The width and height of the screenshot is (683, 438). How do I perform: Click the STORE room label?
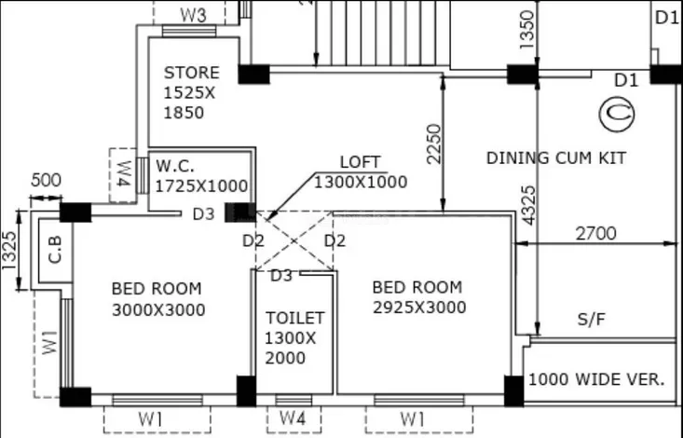pyautogui.click(x=192, y=73)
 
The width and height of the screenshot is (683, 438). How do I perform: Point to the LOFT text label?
pyautogui.click(x=360, y=161)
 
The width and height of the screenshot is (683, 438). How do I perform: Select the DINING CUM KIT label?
pyautogui.click(x=555, y=157)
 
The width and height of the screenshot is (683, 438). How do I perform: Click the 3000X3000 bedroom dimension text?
pyautogui.click(x=158, y=309)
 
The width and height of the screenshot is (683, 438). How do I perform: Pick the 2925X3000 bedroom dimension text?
pyautogui.click(x=417, y=308)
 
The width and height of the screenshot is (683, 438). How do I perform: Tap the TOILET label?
pyautogui.click(x=294, y=318)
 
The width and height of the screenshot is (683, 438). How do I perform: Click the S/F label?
pyautogui.click(x=591, y=320)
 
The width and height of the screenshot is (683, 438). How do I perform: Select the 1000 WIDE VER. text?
pyautogui.click(x=596, y=379)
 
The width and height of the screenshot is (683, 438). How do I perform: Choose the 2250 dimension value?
pyautogui.click(x=435, y=145)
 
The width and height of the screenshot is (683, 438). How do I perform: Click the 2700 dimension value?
pyautogui.click(x=595, y=233)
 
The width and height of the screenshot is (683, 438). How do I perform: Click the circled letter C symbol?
pyautogui.click(x=616, y=114)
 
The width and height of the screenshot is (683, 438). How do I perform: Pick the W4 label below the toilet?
pyautogui.click(x=294, y=419)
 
